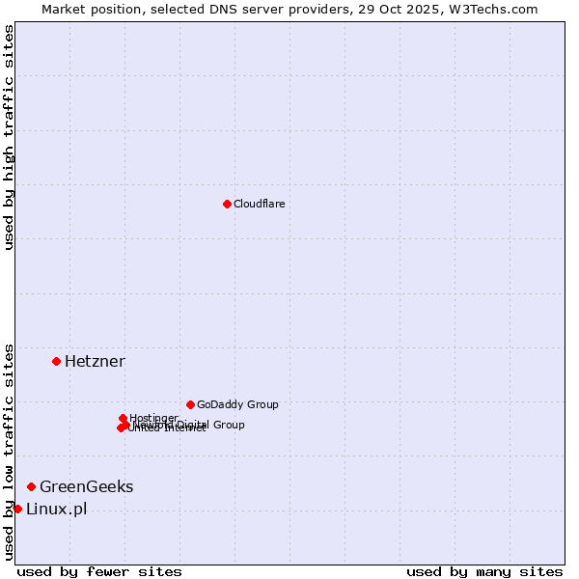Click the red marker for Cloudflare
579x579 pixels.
pyautogui.click(x=227, y=204)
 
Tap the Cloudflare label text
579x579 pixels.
pyautogui.click(x=259, y=204)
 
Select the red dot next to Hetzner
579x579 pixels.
pyautogui.click(x=56, y=361)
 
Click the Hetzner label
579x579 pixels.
pyautogui.click(x=95, y=361)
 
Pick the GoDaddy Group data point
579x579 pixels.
pyautogui.click(x=190, y=404)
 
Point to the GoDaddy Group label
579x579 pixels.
pyautogui.click(x=237, y=404)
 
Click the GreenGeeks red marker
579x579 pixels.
pyautogui.click(x=31, y=486)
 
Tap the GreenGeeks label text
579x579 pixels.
pyautogui.click(x=86, y=486)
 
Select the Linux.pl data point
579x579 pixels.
pyautogui.click(x=17, y=509)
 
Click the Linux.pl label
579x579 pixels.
pyautogui.click(x=56, y=509)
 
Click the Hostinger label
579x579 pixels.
pyautogui.click(x=153, y=418)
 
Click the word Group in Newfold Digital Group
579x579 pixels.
pyautogui.click(x=228, y=425)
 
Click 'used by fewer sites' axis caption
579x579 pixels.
pyautogui.click(x=99, y=571)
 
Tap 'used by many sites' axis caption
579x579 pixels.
pyautogui.click(x=484, y=571)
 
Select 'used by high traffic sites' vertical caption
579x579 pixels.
pyautogui.click(x=9, y=137)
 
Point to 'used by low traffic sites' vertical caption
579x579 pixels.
pyautogui.click(x=9, y=451)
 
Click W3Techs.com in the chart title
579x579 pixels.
pyautogui.click(x=498, y=9)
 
